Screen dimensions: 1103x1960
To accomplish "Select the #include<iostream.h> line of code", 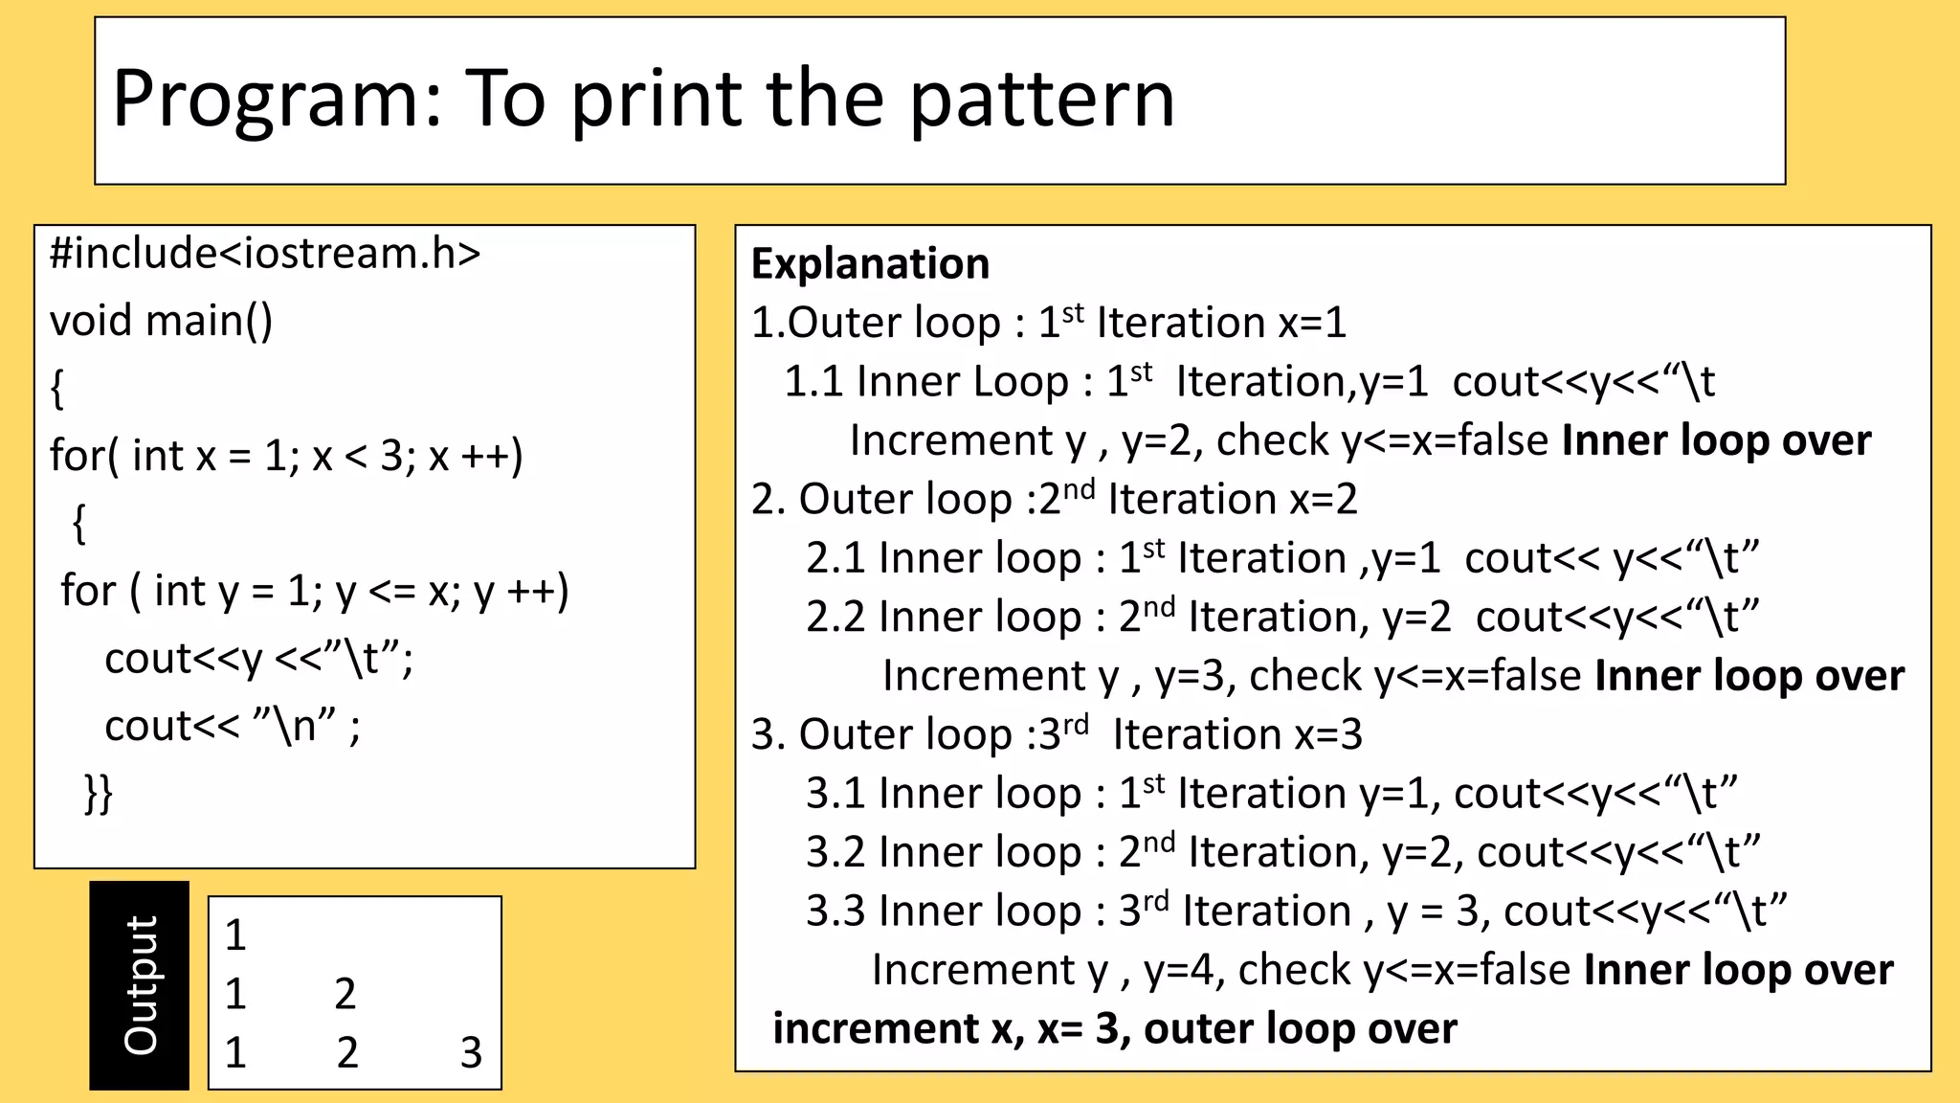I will click(265, 254).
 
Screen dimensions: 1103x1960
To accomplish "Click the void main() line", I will click(161, 321).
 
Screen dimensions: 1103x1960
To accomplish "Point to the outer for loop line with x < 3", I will click(286, 456).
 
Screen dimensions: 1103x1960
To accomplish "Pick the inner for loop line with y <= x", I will click(315, 591).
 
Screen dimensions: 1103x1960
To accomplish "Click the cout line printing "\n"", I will click(233, 726).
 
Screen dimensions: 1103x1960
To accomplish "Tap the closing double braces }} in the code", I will click(99, 794).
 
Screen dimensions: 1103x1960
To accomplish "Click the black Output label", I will click(140, 985).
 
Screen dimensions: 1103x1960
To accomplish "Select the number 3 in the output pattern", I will click(471, 1053).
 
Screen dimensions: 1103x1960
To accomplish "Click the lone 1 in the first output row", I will click(235, 935).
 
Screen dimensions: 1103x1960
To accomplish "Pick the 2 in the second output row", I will click(345, 995).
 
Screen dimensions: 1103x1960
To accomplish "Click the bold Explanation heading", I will click(870, 264).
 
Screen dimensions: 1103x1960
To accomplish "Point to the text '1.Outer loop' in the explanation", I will click(876, 323).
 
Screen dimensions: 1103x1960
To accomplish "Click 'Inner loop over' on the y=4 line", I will click(1738, 970).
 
